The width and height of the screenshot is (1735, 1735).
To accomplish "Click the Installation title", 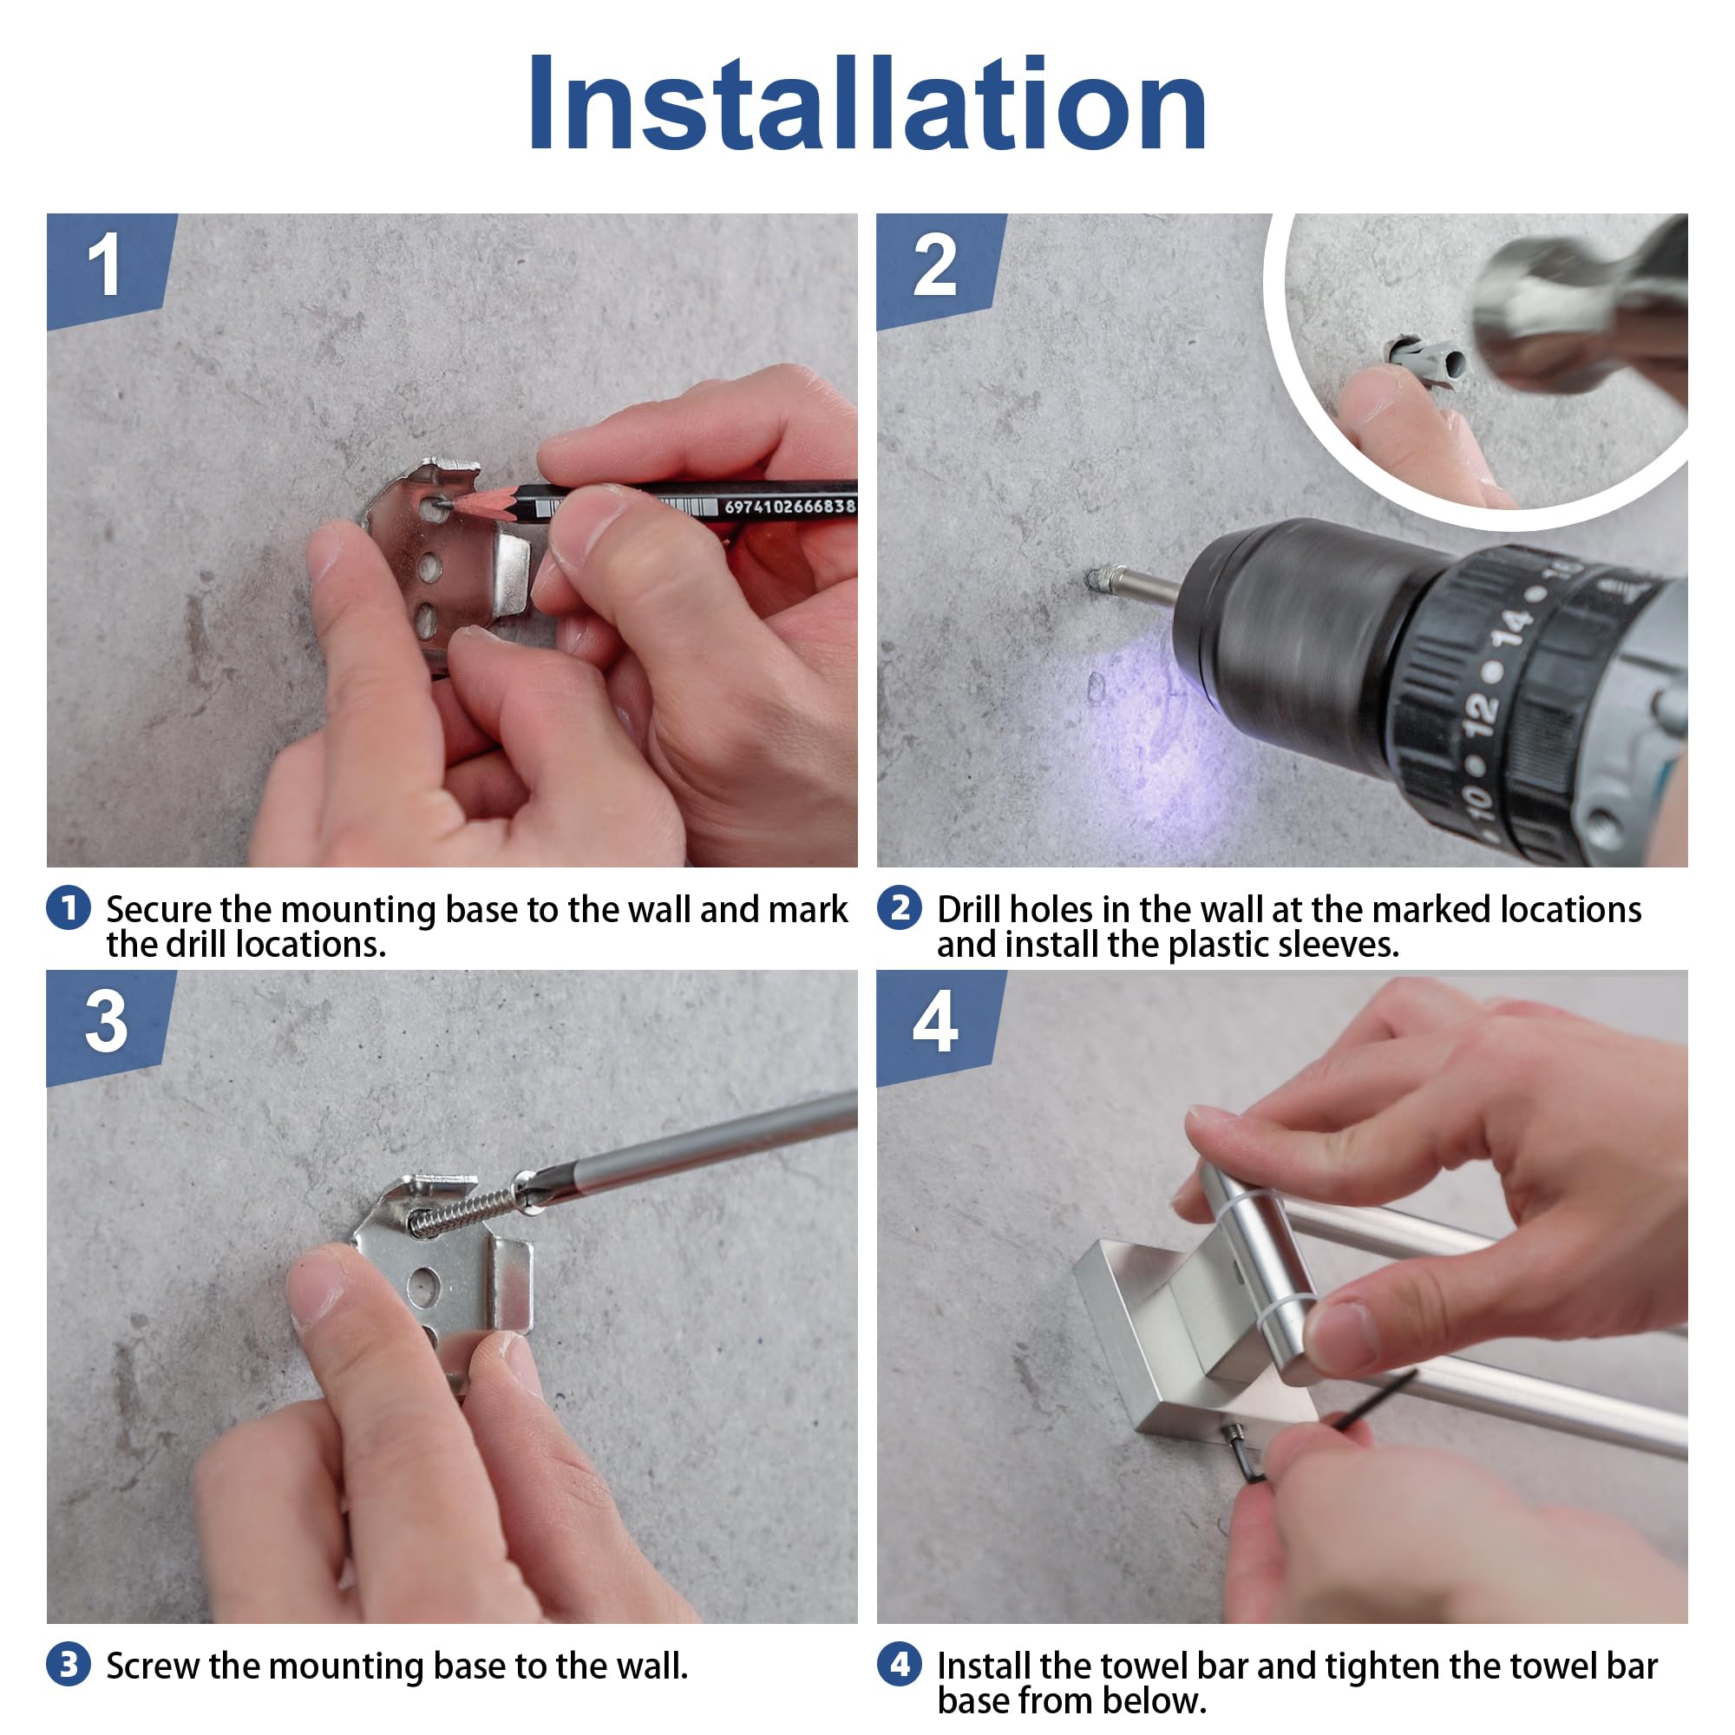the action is pyautogui.click(x=867, y=103).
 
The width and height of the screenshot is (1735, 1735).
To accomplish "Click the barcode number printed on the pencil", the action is pyautogui.click(x=789, y=507).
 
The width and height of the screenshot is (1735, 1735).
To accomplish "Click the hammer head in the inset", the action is pyautogui.click(x=1581, y=310).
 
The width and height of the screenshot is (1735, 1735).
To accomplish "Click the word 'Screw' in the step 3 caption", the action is pyautogui.click(x=153, y=1666).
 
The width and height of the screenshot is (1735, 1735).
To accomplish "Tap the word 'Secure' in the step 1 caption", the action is pyautogui.click(x=159, y=910).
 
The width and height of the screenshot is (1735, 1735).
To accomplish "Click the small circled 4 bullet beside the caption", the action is pyautogui.click(x=900, y=1664).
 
